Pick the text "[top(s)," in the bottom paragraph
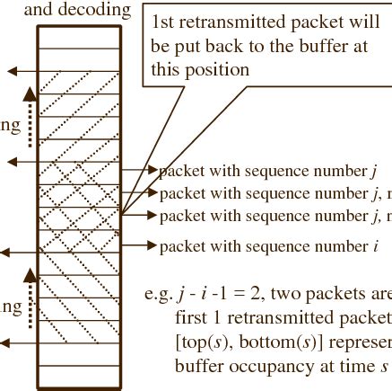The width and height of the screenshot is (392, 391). point(201,344)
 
